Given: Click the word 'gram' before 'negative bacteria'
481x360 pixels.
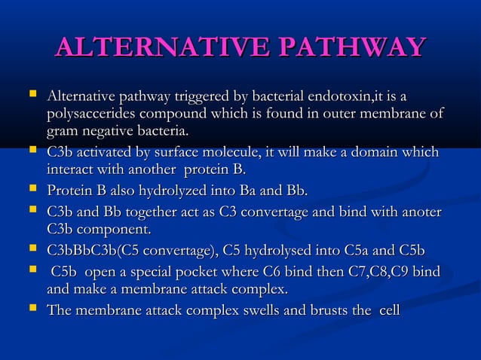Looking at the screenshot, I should tap(62, 131).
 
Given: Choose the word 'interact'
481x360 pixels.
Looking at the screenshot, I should tap(69, 169).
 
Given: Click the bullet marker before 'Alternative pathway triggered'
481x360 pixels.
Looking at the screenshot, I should tap(32, 96).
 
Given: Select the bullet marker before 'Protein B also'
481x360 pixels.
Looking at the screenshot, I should tap(32, 191).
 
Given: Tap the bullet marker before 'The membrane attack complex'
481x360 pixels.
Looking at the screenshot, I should tap(32, 309).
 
